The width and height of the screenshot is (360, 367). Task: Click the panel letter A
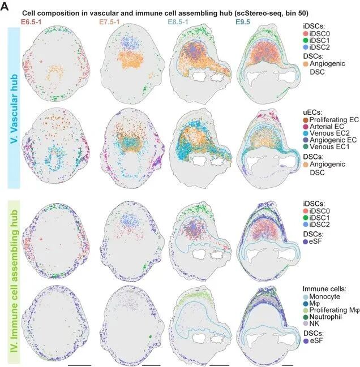(5, 7)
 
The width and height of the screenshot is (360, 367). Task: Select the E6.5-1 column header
(31, 22)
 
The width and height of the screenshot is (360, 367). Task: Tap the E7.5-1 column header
(109, 22)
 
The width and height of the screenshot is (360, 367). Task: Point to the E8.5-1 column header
(178, 22)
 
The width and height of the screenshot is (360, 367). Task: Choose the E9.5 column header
(243, 22)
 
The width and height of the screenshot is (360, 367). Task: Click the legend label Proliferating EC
(334, 120)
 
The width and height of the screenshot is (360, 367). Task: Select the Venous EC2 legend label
(329, 133)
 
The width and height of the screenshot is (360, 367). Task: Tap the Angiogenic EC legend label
(333, 140)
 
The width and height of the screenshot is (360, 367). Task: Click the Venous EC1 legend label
(329, 147)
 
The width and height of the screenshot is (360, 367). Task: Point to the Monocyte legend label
(325, 296)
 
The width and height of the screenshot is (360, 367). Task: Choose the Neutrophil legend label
(325, 317)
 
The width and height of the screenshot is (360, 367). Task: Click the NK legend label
(314, 323)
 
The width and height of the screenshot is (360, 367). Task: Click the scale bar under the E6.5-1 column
(79, 365)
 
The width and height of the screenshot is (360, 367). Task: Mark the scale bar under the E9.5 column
(288, 365)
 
